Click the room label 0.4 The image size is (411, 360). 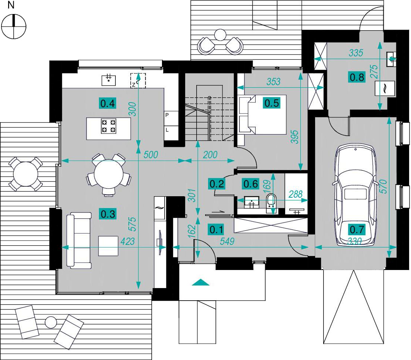[107, 103]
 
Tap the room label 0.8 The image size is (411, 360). [357, 77]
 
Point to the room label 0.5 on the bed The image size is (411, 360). [272, 103]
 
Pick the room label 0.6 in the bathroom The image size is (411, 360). [251, 184]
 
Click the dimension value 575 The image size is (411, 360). [133, 224]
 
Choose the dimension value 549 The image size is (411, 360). [227, 241]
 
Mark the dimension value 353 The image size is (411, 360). [273, 82]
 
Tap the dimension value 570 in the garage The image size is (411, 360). [383, 186]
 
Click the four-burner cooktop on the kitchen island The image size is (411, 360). [109, 126]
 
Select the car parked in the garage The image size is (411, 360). [356, 195]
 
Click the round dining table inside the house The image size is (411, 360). [108, 174]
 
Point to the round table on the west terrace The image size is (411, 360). [26, 174]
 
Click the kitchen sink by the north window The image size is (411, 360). [109, 80]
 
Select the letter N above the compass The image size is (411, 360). [11, 5]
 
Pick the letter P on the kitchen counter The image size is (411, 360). [167, 115]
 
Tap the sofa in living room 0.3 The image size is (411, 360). [79, 240]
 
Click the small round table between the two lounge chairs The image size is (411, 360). [51, 322]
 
